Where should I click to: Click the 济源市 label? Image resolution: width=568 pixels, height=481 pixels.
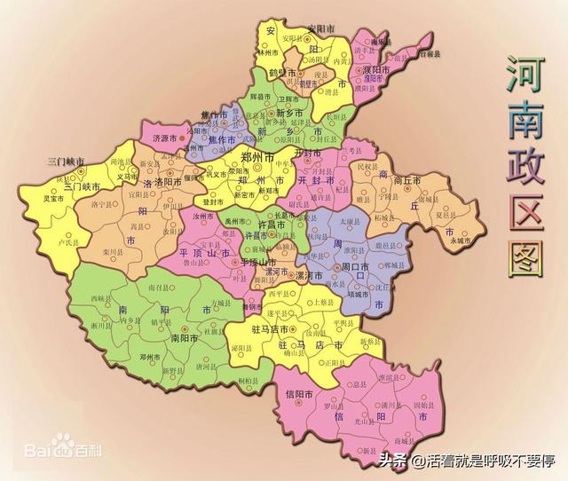[x=165, y=138]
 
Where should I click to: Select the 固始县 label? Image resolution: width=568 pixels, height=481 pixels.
[x=424, y=406]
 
